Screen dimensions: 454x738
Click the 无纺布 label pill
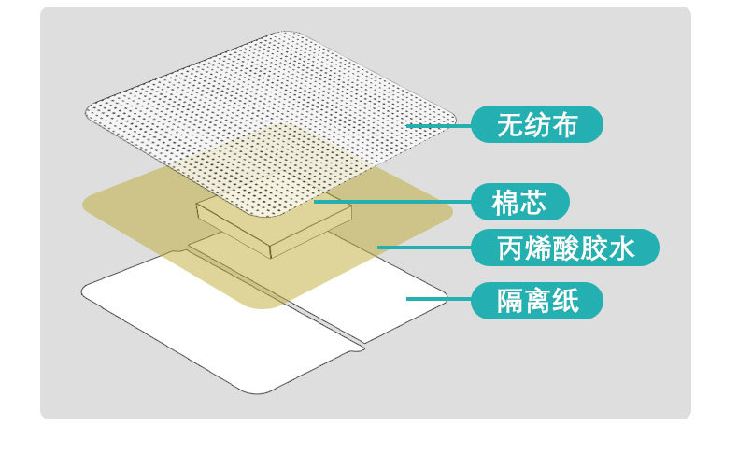coord(536,124)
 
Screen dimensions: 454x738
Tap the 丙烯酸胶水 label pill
coord(564,248)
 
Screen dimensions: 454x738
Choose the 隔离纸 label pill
coord(536,301)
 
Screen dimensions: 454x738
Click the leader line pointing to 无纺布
coord(439,124)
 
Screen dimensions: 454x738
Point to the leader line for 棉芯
coord(392,201)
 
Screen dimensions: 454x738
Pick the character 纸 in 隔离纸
coord(564,301)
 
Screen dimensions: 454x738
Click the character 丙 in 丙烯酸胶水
coord(509,248)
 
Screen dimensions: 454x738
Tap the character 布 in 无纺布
coord(563,124)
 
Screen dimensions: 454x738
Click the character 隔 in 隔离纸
coord(509,301)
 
